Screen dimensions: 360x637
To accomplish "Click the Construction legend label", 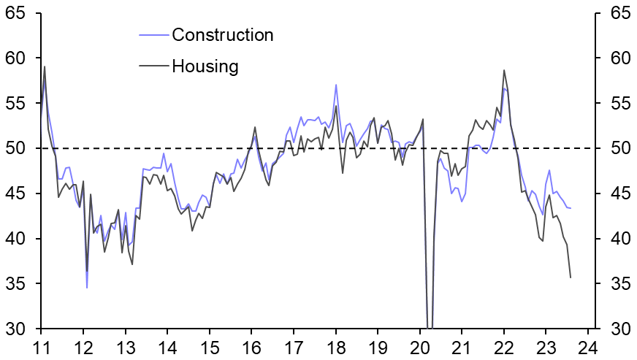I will click(x=222, y=35).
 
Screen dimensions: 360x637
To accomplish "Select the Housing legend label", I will click(x=205, y=66).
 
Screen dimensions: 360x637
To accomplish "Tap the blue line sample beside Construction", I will click(x=153, y=35).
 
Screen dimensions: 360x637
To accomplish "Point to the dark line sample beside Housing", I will click(x=153, y=66).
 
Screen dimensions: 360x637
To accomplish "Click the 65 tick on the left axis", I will click(x=15, y=13).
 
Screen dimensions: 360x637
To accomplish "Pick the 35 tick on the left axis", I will click(x=15, y=283).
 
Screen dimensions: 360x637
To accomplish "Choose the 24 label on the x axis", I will click(x=590, y=347).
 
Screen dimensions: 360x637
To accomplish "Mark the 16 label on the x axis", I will click(x=251, y=347).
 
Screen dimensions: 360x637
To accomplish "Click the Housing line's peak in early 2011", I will click(x=45, y=67).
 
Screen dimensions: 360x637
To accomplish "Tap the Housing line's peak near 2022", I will click(x=504, y=71).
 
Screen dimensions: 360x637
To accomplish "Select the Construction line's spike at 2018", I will click(x=336, y=85).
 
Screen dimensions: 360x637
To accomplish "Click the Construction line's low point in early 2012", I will click(x=87, y=287).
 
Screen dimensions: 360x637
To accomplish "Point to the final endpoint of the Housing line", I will click(x=571, y=277).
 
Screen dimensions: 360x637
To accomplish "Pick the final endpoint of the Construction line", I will click(x=571, y=209).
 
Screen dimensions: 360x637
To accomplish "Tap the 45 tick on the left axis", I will click(x=15, y=194).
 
